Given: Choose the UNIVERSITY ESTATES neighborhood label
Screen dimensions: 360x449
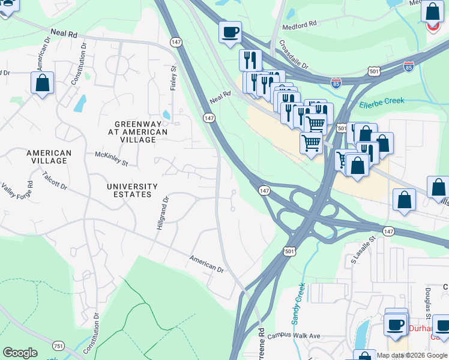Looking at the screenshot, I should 132,191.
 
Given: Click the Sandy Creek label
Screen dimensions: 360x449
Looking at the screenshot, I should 298,304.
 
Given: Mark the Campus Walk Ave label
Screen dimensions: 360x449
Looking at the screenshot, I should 294,336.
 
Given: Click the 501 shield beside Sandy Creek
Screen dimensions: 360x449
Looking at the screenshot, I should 290,251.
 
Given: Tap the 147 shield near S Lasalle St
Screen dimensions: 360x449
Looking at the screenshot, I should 388,231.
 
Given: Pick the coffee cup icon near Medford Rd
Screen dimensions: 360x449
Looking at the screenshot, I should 230,32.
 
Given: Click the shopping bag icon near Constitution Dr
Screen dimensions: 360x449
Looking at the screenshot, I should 42,83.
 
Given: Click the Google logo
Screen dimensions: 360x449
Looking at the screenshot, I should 20,353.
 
